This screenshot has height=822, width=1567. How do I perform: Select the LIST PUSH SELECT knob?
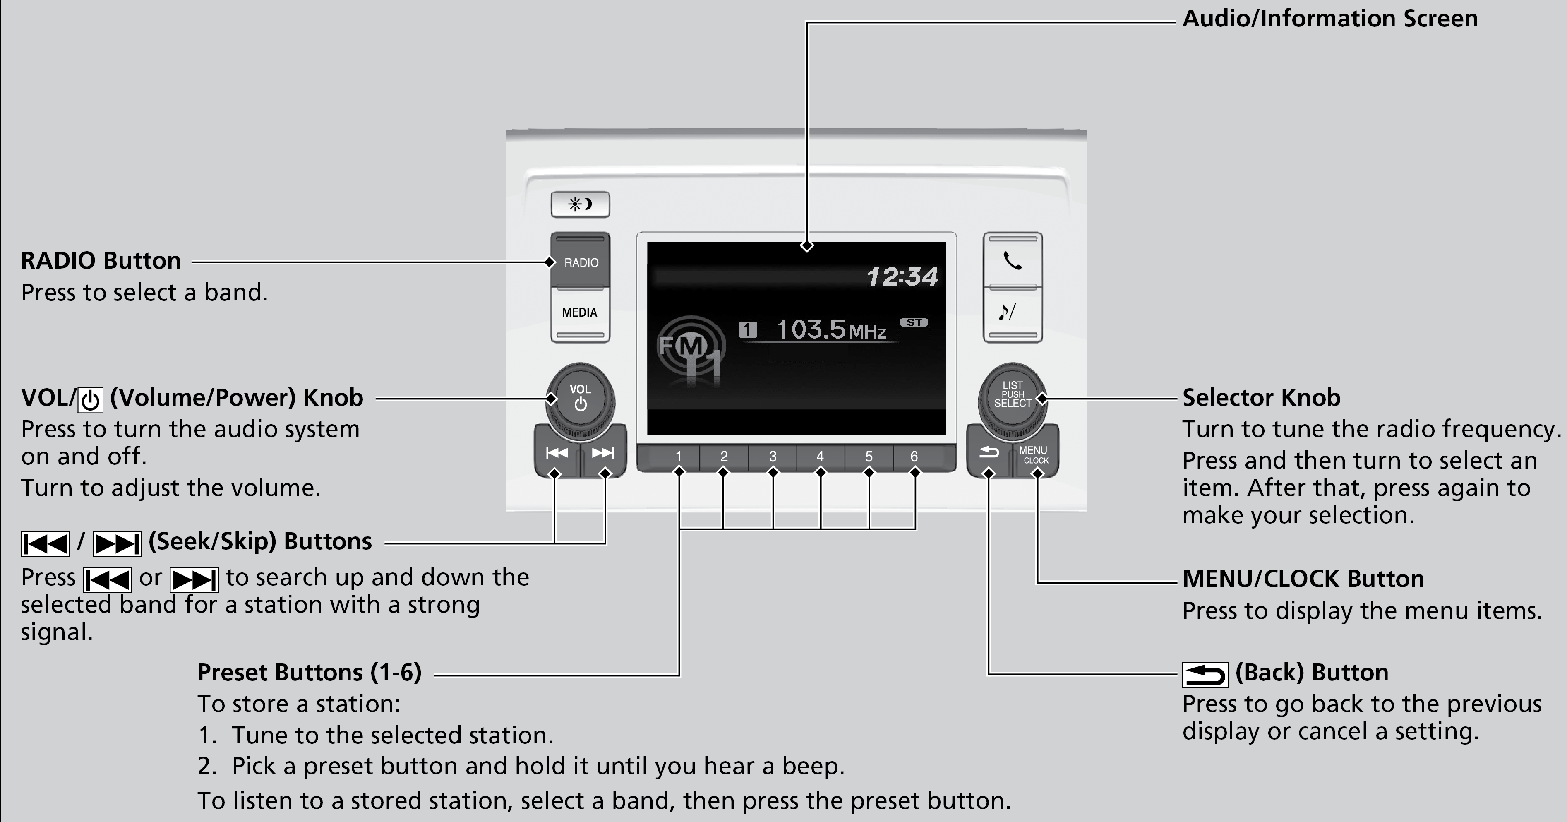(1012, 396)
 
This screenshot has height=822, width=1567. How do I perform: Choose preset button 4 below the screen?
(820, 457)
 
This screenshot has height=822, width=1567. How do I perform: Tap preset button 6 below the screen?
(914, 457)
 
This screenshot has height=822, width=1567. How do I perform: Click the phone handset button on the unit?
(1012, 260)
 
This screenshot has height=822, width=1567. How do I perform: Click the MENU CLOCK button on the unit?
(1034, 454)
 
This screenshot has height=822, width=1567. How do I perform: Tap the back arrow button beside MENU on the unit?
(989, 453)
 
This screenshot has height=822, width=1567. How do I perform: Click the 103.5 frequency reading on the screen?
(811, 330)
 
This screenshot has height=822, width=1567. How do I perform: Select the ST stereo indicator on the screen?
(914, 322)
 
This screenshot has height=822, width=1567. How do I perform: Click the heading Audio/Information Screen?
(1330, 19)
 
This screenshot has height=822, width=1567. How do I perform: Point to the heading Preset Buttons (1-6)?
(309, 672)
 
